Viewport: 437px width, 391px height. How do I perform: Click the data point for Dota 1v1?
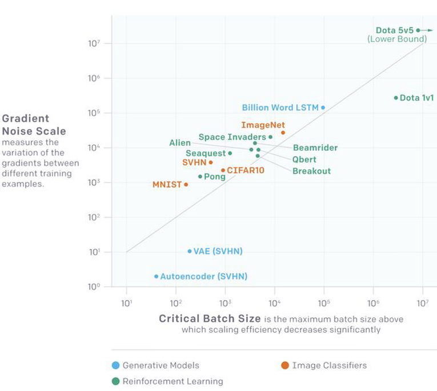396,98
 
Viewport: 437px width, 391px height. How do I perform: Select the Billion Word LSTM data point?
323,107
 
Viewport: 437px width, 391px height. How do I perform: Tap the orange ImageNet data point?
283,133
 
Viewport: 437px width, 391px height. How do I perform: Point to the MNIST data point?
186,185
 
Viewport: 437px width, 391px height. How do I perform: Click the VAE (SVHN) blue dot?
190,251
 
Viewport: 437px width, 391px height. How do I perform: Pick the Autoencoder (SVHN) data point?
156,276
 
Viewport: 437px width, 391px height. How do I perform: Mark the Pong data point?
200,177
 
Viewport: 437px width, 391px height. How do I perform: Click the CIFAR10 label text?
245,170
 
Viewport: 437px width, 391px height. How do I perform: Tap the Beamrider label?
315,148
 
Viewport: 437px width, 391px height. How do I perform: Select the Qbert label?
304,159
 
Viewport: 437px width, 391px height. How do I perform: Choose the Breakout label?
311,171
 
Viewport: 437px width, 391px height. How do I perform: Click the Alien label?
179,142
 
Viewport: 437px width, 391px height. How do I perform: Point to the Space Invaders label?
231,137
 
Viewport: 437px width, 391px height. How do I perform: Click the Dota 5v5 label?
394,30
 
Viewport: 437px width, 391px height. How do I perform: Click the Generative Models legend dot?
116,365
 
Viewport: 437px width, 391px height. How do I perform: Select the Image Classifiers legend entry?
323,365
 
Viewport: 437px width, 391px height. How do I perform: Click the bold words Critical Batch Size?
210,319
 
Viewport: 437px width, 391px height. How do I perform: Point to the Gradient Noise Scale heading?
34,125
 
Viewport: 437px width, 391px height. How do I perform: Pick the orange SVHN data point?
211,162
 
